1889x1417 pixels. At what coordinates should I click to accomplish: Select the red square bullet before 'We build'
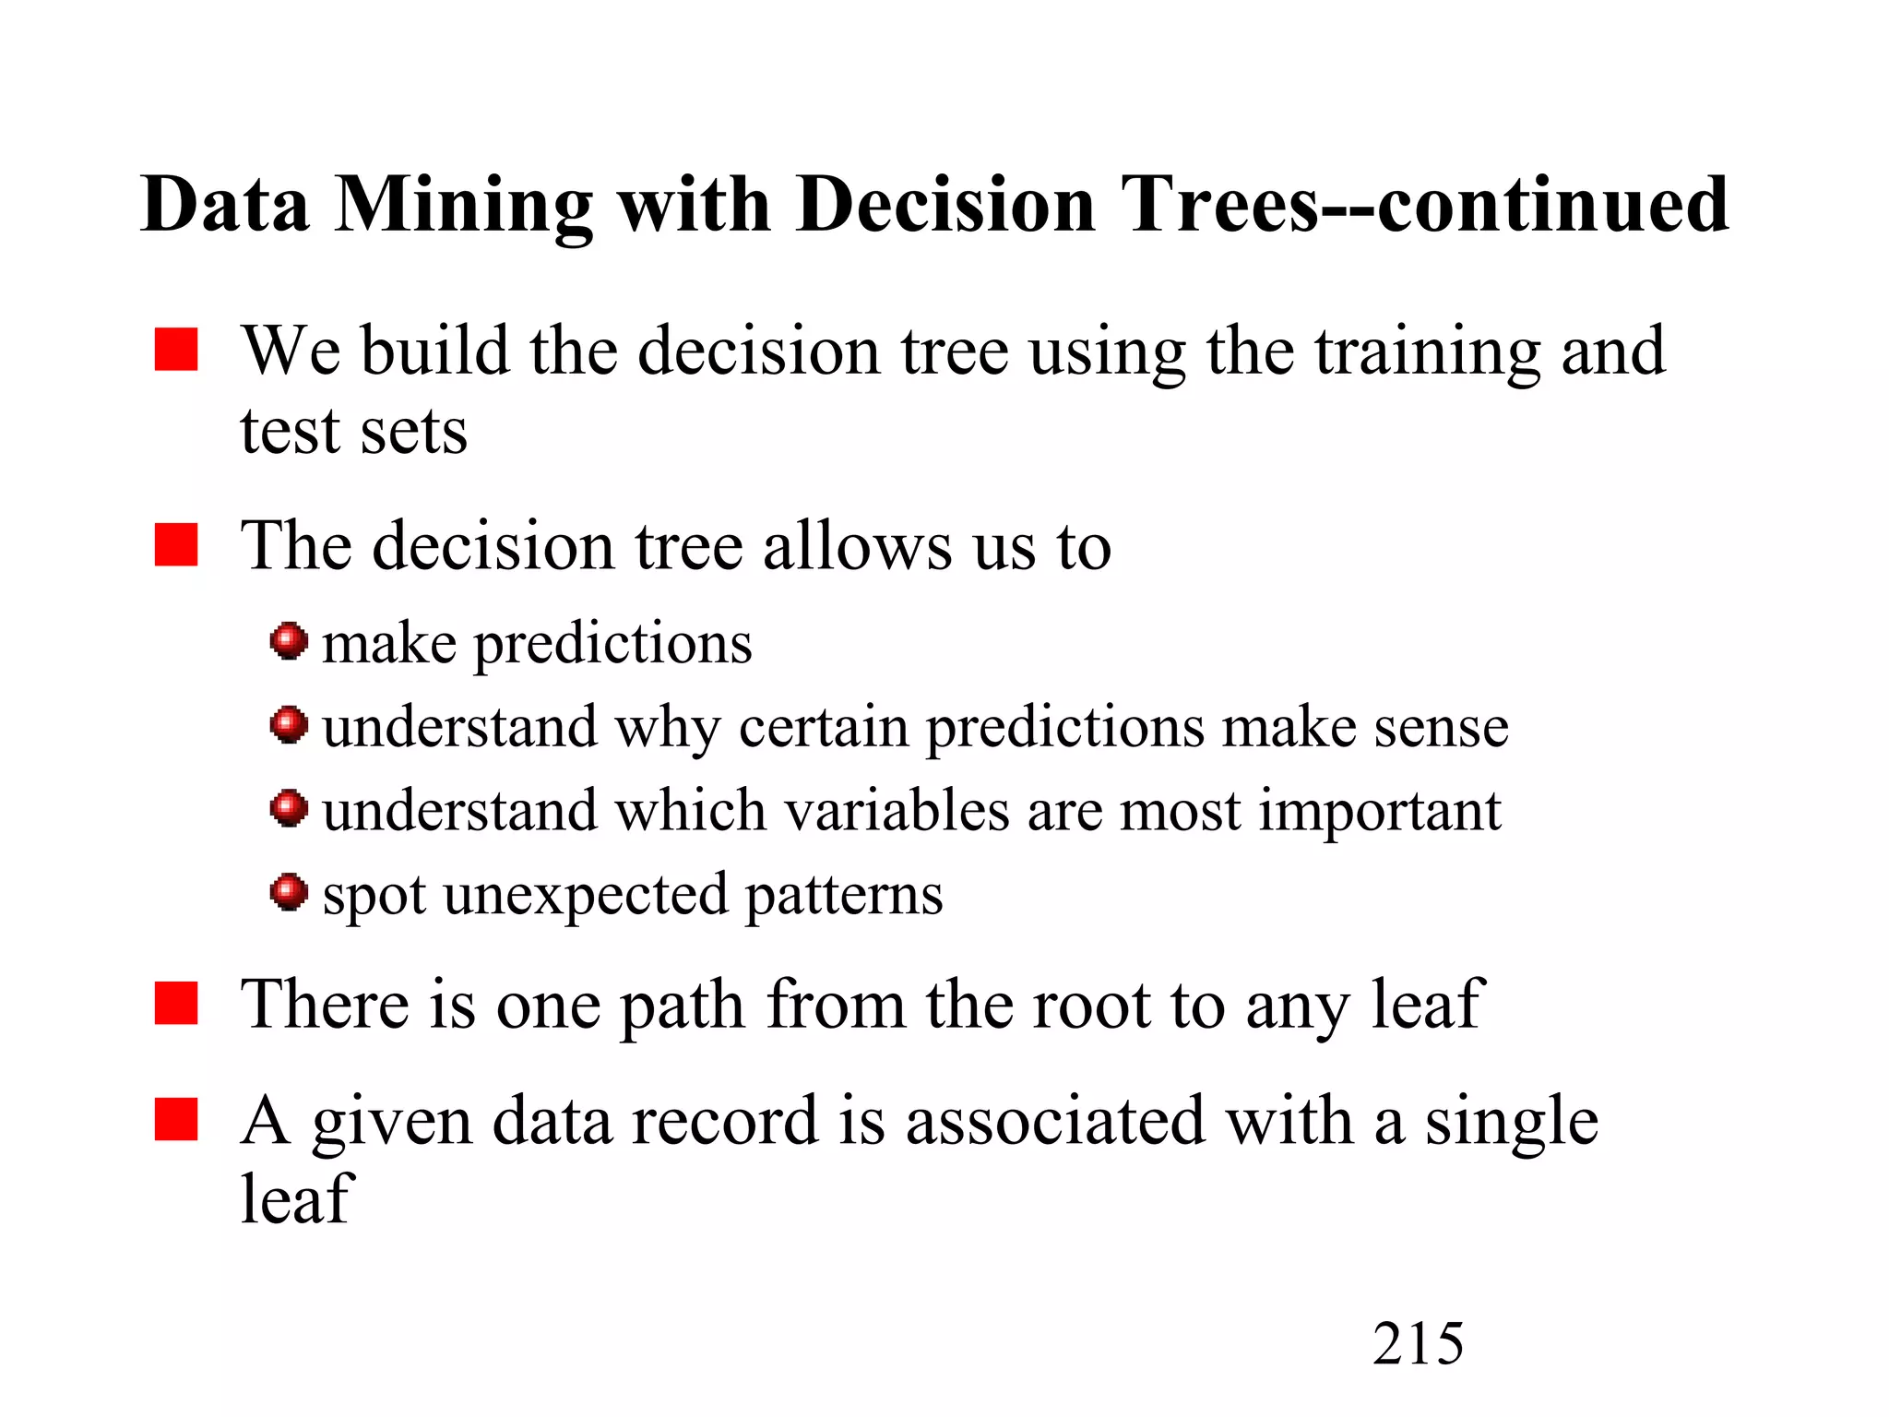pyautogui.click(x=176, y=350)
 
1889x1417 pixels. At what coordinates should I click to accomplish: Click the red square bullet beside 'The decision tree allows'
pyautogui.click(x=176, y=544)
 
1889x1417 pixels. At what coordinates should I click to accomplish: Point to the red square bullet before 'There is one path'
pyautogui.click(x=176, y=1004)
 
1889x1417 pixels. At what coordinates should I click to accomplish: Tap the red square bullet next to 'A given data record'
pyautogui.click(x=176, y=1120)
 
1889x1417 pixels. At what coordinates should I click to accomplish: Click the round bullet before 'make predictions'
pyautogui.click(x=289, y=640)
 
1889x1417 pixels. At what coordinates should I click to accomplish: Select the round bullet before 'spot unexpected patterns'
pyautogui.click(x=289, y=892)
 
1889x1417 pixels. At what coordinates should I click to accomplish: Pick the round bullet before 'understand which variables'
pyautogui.click(x=289, y=808)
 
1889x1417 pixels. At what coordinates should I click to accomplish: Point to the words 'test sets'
pyautogui.click(x=353, y=432)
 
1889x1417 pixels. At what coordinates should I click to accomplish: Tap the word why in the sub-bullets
pyautogui.click(x=667, y=729)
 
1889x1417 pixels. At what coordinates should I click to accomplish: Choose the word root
pyautogui.click(x=1091, y=1006)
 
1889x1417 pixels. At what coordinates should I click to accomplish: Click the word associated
pyautogui.click(x=1054, y=1122)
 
